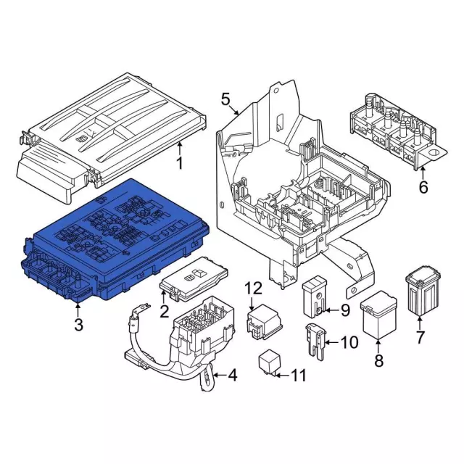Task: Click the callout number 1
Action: click(180, 161)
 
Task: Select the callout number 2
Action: click(165, 312)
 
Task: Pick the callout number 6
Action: click(423, 188)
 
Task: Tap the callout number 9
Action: click(344, 311)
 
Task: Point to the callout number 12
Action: click(252, 289)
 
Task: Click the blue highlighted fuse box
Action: click(116, 239)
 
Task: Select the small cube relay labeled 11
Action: click(270, 362)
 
